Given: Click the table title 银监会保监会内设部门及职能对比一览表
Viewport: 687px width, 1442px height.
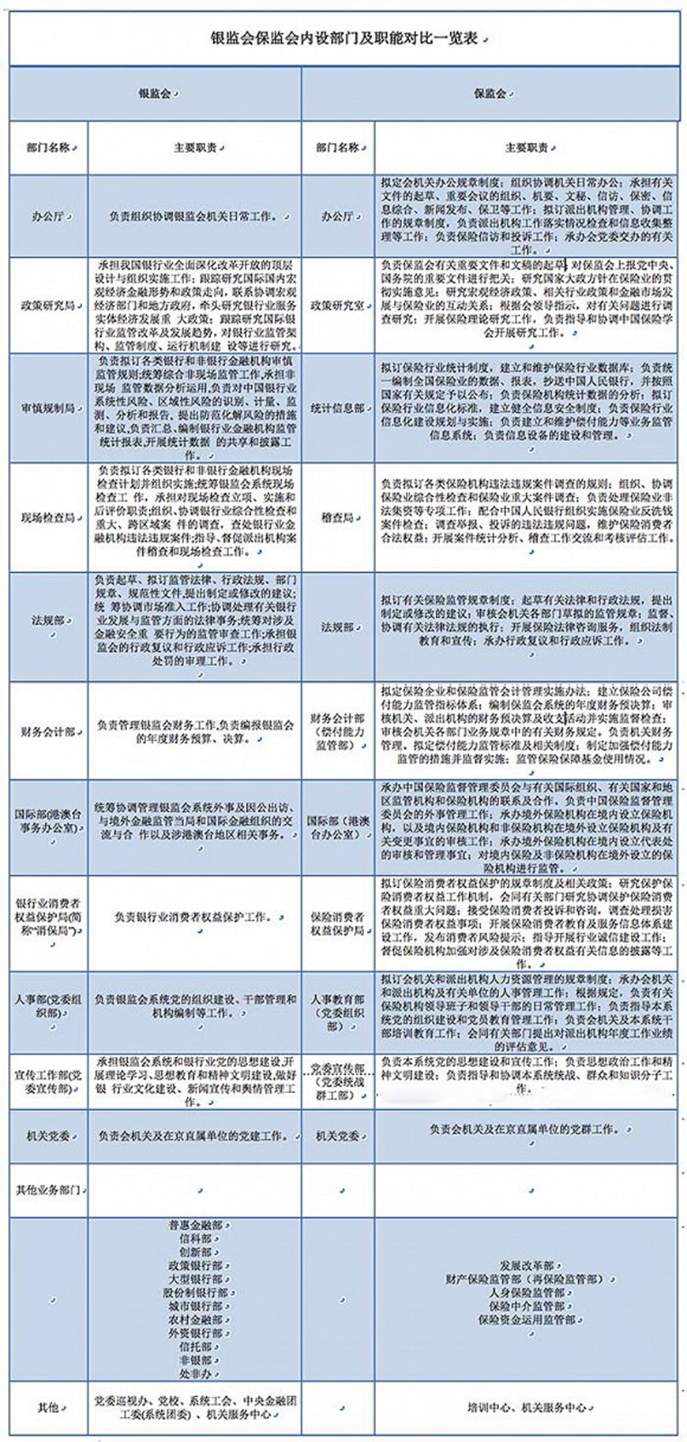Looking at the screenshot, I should (x=343, y=39).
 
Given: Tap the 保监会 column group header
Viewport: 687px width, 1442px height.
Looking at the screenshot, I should (x=490, y=94).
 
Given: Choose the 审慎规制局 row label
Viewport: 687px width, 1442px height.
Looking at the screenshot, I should (x=48, y=408).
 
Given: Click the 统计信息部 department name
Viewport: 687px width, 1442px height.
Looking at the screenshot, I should (x=337, y=408).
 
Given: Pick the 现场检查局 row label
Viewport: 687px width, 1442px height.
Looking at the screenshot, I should (x=48, y=518).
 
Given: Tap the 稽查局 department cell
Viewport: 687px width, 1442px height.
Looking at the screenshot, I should (x=337, y=518).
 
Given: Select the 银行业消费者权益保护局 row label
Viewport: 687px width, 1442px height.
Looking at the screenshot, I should (x=48, y=917).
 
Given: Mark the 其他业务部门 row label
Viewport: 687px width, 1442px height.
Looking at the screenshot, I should (x=48, y=1189).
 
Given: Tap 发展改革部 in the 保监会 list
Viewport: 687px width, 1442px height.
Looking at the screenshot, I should (x=526, y=1266).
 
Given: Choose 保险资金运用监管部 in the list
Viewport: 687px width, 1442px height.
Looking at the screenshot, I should (x=526, y=1320).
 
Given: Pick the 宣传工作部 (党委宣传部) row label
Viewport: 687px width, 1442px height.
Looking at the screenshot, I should (x=48, y=1082).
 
